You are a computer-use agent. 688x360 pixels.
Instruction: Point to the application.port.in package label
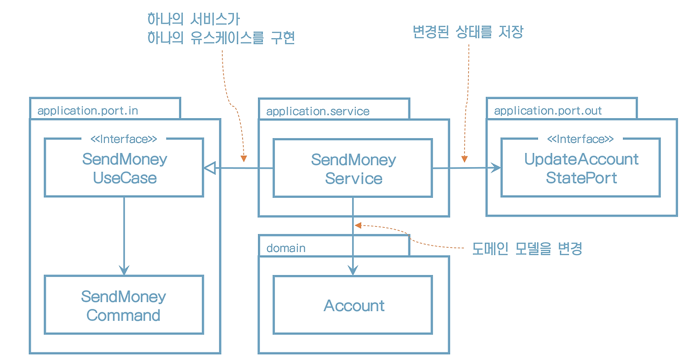pos(88,111)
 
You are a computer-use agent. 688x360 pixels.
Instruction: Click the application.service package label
pos(318,111)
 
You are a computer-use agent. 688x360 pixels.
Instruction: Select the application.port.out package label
pos(548,111)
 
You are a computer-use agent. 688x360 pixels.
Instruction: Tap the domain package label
pos(286,248)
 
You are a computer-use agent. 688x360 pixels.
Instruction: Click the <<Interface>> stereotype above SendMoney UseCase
pos(124,139)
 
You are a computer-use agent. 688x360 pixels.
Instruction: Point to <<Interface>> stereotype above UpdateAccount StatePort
pos(580,139)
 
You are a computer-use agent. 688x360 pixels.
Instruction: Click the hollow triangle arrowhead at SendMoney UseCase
pos(210,168)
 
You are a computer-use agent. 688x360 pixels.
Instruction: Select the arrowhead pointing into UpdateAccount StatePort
pos(495,168)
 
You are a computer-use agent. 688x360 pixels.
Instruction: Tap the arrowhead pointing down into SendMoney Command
pos(124,270)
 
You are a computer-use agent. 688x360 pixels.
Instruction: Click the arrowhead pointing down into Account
pos(353,270)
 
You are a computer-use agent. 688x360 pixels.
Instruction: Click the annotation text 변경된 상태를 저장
pos(468,32)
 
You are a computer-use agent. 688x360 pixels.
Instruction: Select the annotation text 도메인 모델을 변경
pos(527,248)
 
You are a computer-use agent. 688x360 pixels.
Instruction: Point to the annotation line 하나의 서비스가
pos(193,19)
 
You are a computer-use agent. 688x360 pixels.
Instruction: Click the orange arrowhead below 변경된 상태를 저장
pos(464,159)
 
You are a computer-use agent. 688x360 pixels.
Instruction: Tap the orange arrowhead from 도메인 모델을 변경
pos(358,226)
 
